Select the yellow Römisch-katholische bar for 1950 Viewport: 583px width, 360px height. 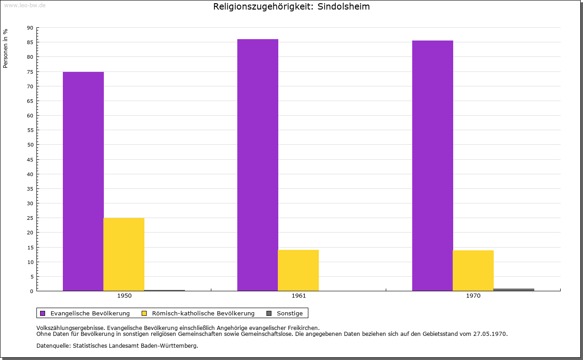click(124, 254)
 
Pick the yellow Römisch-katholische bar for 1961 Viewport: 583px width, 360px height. click(298, 270)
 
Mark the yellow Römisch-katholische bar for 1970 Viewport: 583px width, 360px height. click(473, 270)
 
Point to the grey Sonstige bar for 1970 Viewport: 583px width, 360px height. click(514, 289)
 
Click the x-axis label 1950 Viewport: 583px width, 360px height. click(124, 296)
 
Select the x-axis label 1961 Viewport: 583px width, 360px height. click(299, 296)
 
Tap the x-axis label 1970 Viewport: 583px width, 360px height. click(473, 296)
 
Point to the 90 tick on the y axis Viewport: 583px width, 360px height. click(30, 28)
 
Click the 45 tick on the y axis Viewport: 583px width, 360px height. click(30, 159)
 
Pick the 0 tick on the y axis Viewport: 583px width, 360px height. click(32, 291)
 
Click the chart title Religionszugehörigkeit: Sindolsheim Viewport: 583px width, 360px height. click(291, 7)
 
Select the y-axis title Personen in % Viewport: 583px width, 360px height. click(5, 48)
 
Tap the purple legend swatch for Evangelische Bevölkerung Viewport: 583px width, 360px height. click(43, 313)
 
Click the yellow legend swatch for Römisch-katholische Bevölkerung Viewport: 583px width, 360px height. click(144, 313)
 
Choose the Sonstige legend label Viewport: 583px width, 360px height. click(290, 314)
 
